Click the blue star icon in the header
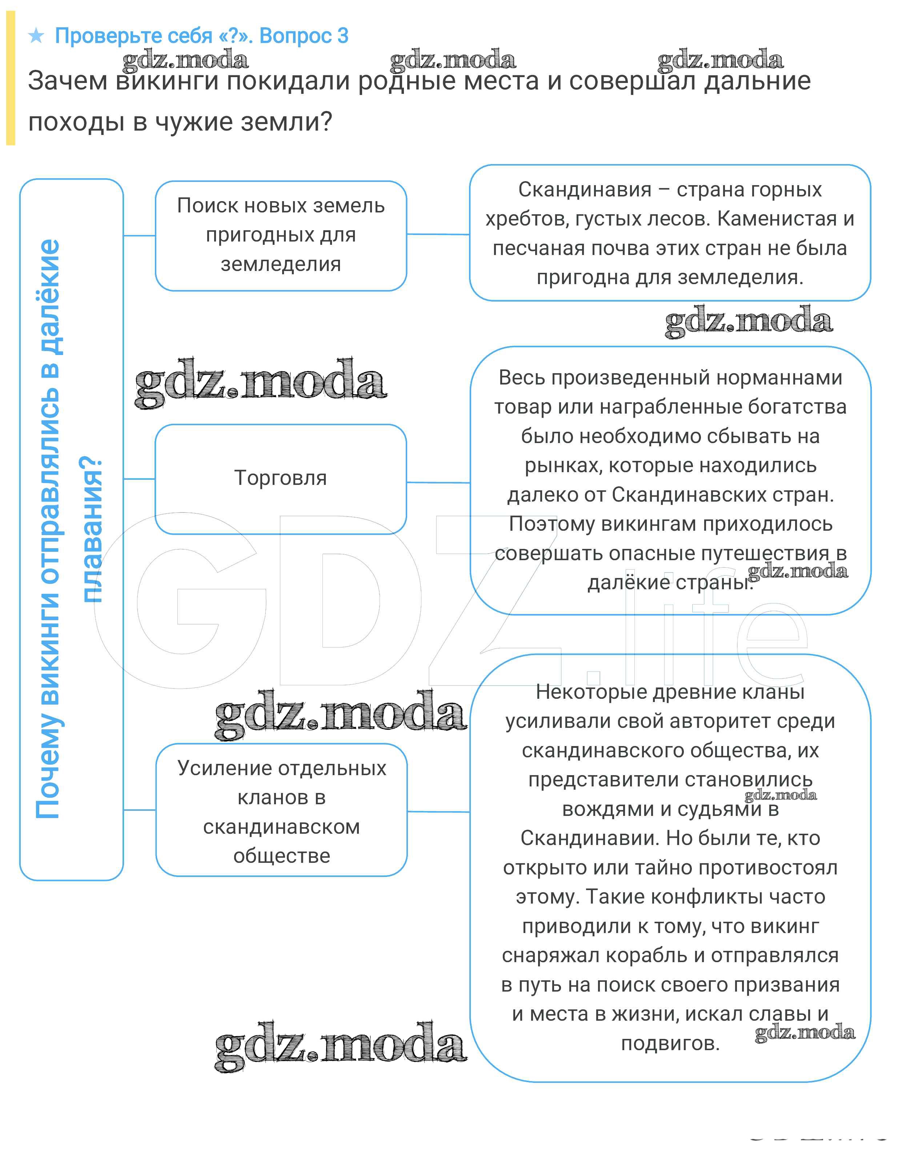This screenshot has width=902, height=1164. coord(36,36)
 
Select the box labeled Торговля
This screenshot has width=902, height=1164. coord(280,478)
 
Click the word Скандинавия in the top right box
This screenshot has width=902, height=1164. coord(585,190)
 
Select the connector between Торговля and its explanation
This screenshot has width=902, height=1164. coord(438,483)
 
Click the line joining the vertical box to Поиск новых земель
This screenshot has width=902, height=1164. coord(139,236)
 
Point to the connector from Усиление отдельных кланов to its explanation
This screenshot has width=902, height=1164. coord(438,812)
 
